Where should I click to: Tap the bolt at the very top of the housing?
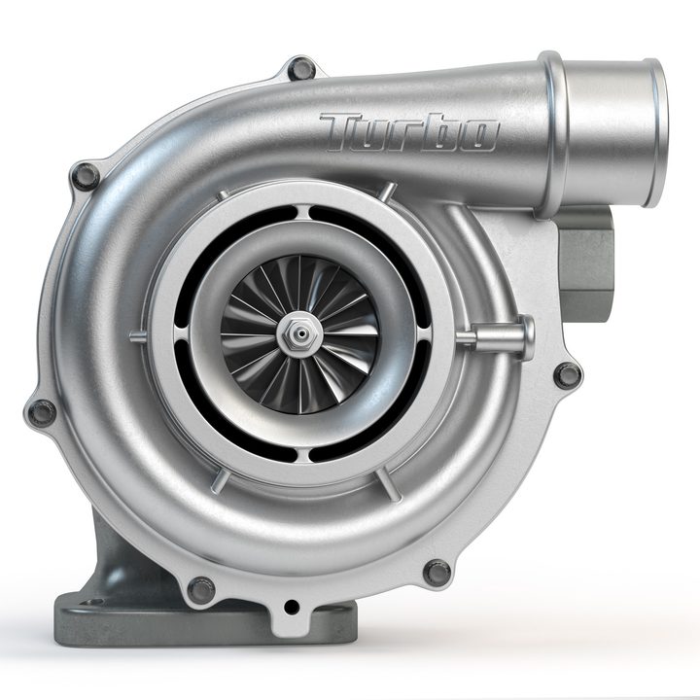point(301,69)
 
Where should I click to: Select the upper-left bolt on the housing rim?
point(86,177)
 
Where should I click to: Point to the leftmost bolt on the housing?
point(41,412)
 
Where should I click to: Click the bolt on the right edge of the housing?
point(567,374)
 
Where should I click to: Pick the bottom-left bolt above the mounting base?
point(200,589)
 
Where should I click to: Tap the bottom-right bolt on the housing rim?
point(437,573)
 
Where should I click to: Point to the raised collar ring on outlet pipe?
point(554,131)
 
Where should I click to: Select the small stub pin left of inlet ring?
point(138,337)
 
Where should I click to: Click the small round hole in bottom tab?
point(291,608)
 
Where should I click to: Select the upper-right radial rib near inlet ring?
point(389,192)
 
